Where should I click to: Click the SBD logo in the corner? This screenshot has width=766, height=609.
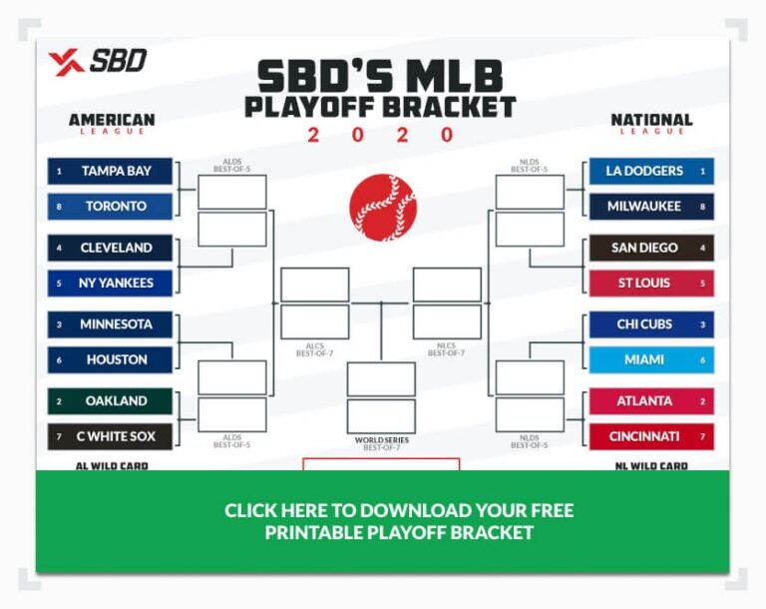coord(97,62)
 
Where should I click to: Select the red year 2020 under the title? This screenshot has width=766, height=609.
coord(382,135)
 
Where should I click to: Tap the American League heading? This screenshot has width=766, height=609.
coord(112,123)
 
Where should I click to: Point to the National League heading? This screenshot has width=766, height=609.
coord(651,123)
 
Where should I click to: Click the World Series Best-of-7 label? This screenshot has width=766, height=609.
coord(382,443)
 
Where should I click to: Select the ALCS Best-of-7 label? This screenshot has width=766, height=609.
coord(313,349)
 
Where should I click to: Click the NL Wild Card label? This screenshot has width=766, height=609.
coord(651,465)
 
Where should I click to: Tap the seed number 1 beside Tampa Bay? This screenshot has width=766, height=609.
coord(59,171)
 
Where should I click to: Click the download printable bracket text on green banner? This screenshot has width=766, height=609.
coord(398,521)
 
